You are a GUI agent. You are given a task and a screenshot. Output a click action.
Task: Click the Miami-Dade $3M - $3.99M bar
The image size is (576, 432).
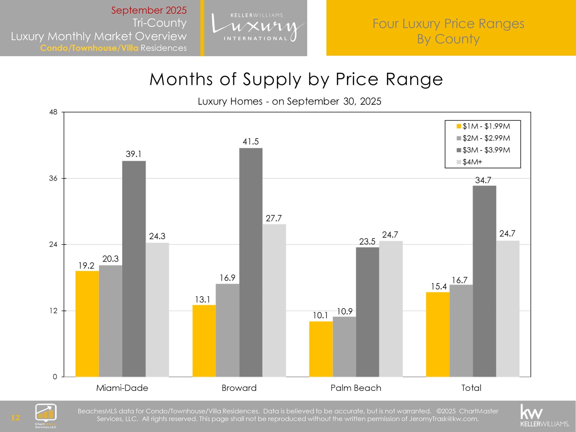(x=134, y=268)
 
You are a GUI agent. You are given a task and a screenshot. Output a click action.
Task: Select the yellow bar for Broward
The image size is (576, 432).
(x=204, y=340)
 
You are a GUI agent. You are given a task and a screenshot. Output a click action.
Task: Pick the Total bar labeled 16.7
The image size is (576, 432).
(x=461, y=330)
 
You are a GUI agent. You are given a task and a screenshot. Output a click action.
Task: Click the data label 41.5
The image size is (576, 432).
(x=250, y=142)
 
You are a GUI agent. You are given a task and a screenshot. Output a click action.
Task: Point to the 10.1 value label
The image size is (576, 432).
(x=320, y=315)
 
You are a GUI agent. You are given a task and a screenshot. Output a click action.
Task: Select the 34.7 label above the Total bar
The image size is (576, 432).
(x=483, y=180)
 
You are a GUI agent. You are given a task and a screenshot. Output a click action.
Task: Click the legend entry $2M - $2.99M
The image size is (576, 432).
(x=486, y=138)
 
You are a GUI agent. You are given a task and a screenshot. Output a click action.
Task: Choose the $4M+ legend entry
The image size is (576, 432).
(x=472, y=162)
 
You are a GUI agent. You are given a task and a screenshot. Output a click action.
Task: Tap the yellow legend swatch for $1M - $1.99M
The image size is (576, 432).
(x=458, y=126)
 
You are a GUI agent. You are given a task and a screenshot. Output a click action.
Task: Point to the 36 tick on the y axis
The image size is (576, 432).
(x=53, y=178)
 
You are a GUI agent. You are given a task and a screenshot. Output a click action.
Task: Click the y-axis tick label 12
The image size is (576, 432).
(x=53, y=311)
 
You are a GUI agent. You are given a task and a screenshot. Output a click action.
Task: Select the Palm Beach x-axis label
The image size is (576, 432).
(x=356, y=388)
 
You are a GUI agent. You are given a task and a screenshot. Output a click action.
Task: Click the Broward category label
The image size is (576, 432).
(x=239, y=388)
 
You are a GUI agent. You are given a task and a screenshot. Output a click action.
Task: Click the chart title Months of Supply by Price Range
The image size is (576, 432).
(x=296, y=79)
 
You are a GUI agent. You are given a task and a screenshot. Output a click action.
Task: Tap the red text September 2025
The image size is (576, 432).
(x=149, y=10)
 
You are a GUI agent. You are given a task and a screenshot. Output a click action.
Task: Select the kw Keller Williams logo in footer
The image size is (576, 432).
(x=544, y=415)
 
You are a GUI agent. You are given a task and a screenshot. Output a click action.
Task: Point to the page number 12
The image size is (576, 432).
(x=15, y=418)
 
